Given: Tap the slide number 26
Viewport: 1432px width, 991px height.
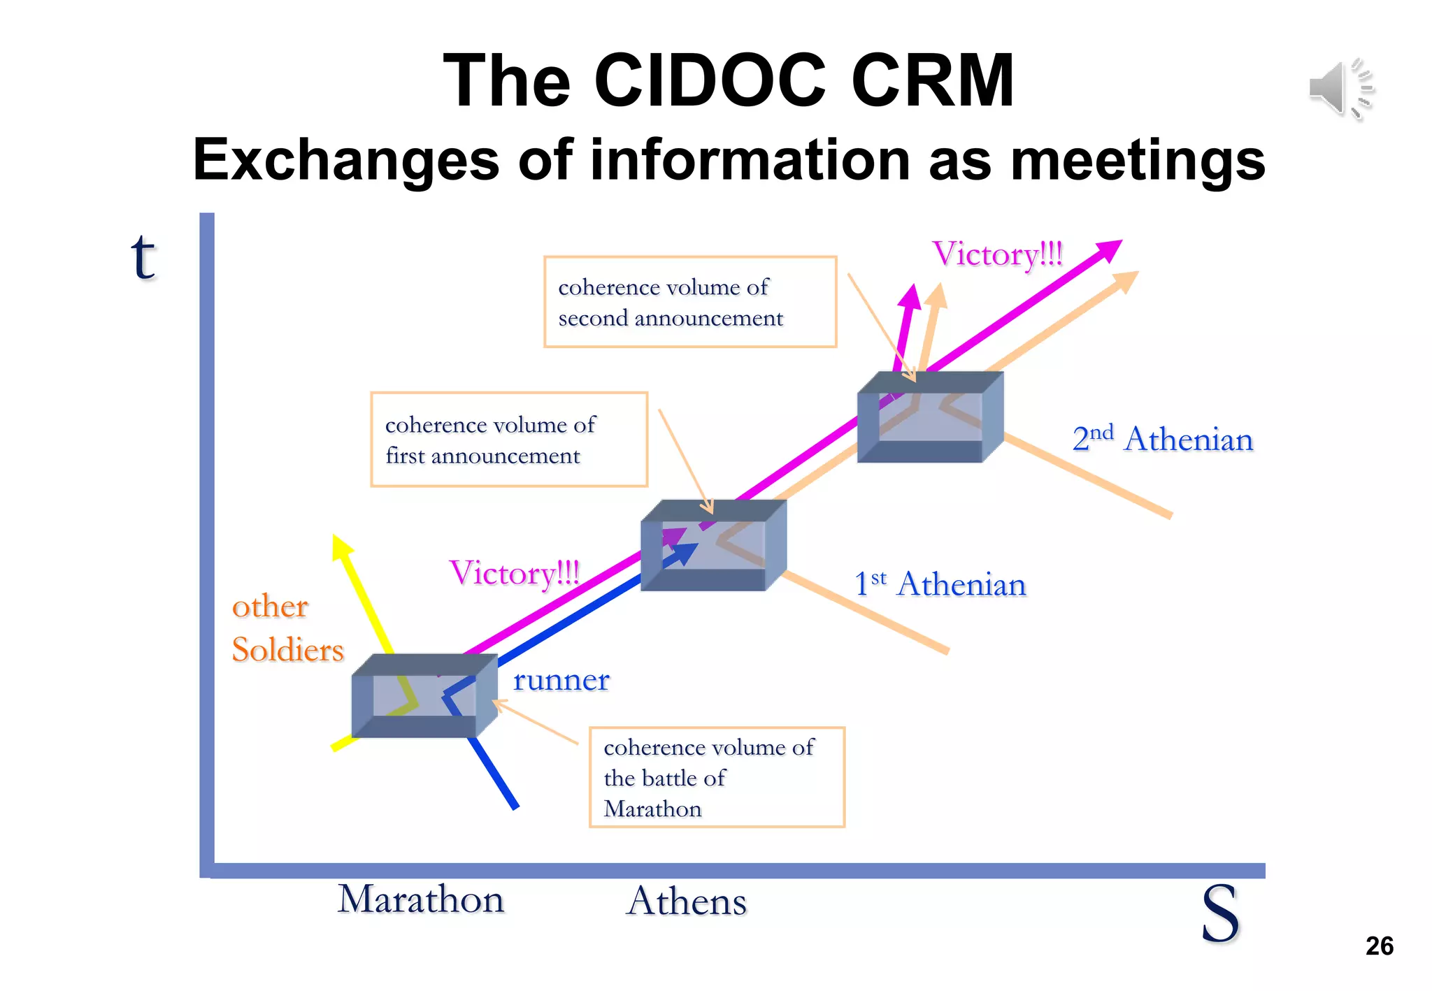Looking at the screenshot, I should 1379,946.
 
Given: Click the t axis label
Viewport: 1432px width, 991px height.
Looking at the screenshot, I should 143,257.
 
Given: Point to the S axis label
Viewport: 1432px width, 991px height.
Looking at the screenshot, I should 1219,913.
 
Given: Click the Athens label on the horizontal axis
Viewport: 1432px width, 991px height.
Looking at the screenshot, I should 687,901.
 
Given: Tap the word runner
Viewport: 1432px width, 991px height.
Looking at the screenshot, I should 561,679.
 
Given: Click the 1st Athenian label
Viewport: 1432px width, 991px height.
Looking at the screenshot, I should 940,584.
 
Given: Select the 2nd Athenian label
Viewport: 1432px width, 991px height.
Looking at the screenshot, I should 1162,439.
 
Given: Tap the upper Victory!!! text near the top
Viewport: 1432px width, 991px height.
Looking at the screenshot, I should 997,254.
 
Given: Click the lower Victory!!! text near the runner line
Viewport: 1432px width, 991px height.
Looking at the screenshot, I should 514,573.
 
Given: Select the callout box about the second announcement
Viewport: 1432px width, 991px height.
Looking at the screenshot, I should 690,302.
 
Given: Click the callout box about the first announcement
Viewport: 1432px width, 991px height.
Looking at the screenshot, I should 508,440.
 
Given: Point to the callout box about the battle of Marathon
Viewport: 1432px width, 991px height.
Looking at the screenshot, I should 717,777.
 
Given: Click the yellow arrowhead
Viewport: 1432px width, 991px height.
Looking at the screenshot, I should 341,547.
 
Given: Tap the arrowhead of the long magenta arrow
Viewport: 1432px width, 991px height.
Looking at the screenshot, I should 1109,249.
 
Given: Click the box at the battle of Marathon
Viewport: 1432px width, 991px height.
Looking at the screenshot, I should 424,696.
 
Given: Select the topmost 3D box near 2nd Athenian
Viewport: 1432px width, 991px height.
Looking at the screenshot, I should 930,417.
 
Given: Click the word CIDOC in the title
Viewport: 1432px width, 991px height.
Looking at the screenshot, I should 710,81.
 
